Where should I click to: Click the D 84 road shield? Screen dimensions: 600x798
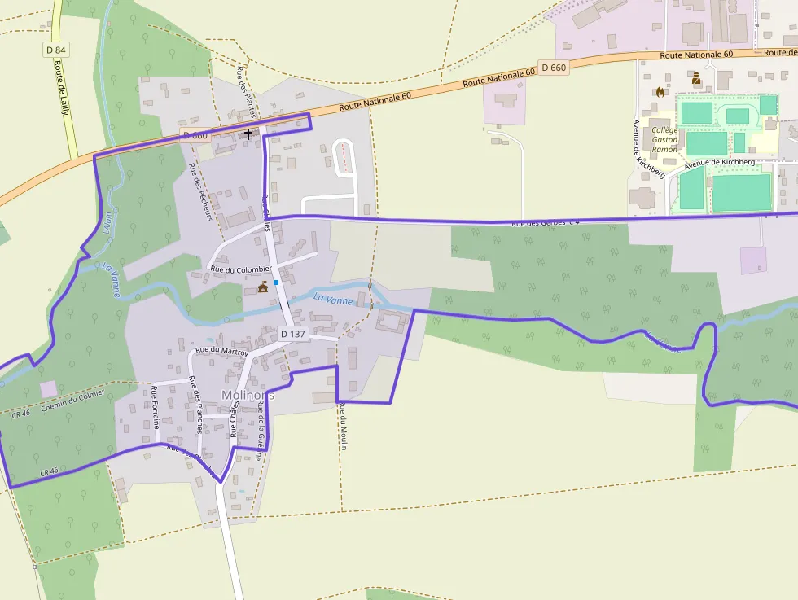click(x=55, y=50)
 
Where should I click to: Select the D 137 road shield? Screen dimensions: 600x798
click(x=292, y=334)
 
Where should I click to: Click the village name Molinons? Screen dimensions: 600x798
click(x=248, y=395)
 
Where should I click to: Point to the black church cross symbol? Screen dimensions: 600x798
click(x=248, y=134)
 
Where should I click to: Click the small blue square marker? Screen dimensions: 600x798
click(x=277, y=282)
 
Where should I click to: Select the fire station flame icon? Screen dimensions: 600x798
click(x=660, y=92)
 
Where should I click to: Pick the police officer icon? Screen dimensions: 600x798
click(x=696, y=79)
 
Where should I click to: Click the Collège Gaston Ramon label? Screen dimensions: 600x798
click(x=664, y=139)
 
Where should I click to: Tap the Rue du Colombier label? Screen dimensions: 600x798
click(x=240, y=269)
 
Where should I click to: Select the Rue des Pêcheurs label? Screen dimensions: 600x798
click(x=199, y=191)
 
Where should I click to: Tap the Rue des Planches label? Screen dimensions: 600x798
click(x=195, y=404)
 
